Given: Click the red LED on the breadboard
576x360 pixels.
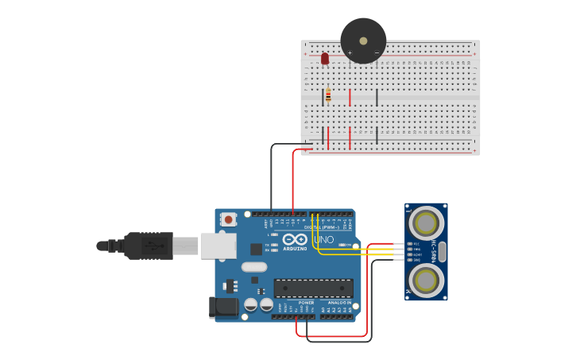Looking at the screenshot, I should click(x=325, y=58).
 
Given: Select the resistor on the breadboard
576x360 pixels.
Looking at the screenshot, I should click(x=328, y=95).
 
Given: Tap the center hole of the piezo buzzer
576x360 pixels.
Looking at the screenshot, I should click(x=363, y=41).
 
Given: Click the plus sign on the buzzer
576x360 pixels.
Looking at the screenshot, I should click(x=350, y=53).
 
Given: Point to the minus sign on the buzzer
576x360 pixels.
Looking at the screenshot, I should click(x=377, y=53).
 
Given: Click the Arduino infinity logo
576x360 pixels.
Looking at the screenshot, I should click(x=295, y=239).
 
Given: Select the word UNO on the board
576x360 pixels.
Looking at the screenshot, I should click(x=323, y=239).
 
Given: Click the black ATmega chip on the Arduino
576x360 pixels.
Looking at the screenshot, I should click(x=313, y=288).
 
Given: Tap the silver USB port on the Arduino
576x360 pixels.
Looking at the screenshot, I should click(x=217, y=246).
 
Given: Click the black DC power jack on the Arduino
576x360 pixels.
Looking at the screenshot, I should click(x=222, y=308).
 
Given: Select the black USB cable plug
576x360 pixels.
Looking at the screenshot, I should click(x=148, y=246).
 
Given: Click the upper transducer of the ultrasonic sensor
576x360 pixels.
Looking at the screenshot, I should click(x=426, y=222).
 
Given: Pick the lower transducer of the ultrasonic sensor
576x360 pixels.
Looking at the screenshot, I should click(x=426, y=280).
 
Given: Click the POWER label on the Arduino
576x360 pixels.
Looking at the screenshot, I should click(x=306, y=303).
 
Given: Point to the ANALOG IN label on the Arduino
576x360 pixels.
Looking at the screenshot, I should click(x=340, y=303).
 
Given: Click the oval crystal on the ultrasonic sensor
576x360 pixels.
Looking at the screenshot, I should click(x=443, y=252).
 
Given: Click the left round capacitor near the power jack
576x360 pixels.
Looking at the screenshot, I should click(x=251, y=304).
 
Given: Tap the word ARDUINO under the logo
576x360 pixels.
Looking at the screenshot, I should click(x=294, y=249).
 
